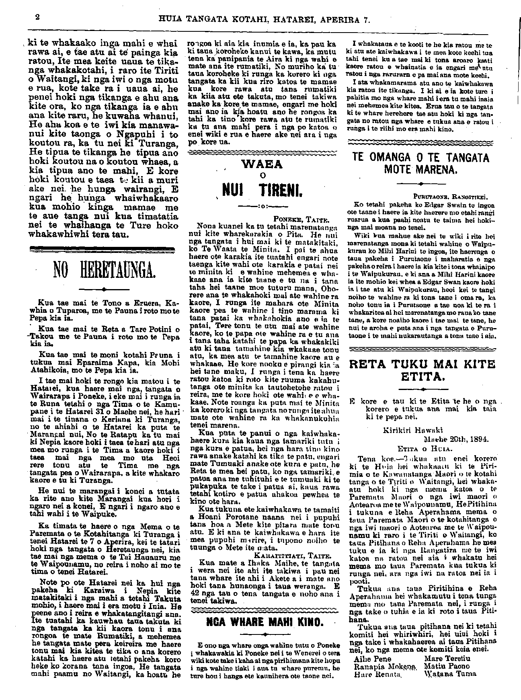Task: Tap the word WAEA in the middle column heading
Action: click(x=263, y=164)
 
